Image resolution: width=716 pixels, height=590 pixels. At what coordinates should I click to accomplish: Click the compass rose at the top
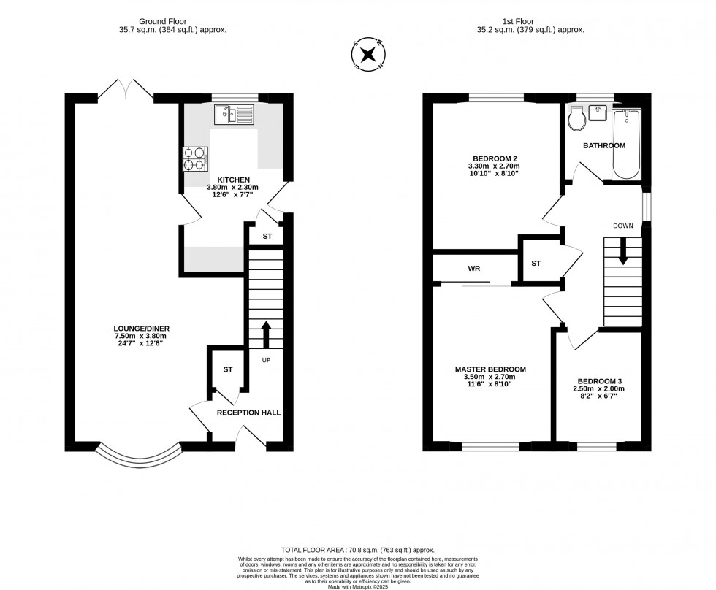(x=370, y=55)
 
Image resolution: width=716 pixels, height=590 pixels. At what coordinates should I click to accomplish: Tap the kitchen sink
(x=233, y=114)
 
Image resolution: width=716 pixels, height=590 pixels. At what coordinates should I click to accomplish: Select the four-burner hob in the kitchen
(x=195, y=160)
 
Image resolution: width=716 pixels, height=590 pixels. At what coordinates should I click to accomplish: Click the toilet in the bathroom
(x=576, y=118)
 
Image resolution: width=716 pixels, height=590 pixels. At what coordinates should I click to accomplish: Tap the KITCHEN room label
(x=234, y=180)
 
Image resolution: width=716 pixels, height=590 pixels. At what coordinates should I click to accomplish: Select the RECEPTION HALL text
(x=248, y=413)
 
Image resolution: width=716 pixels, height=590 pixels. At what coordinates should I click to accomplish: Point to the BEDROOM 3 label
(x=599, y=381)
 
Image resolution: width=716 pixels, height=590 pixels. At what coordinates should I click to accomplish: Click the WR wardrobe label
(x=473, y=268)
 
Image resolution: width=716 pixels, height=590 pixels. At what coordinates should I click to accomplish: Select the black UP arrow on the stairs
(x=265, y=334)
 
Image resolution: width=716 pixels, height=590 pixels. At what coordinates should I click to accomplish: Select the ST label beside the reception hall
(x=228, y=369)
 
